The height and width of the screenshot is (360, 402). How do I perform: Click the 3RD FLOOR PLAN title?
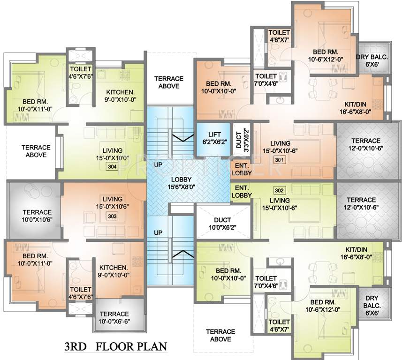point(115,348)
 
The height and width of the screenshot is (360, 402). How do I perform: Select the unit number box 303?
point(112,216)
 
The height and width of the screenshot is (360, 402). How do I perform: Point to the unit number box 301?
point(279,160)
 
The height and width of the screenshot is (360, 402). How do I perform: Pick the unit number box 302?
point(280,191)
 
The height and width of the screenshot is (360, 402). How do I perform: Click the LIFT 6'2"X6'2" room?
point(212,138)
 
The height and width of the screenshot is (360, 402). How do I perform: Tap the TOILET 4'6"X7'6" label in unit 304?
point(80,73)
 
